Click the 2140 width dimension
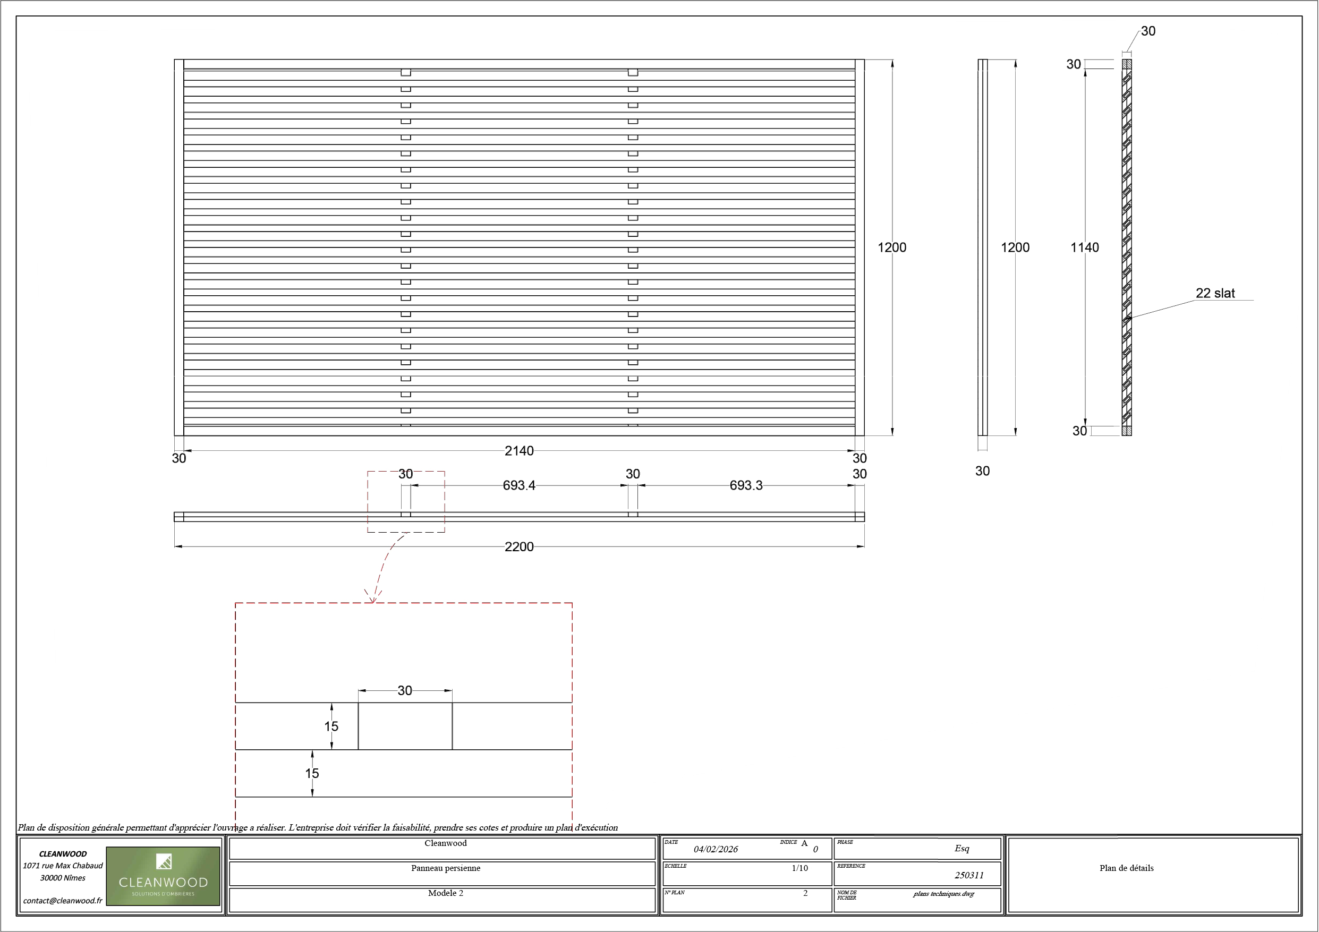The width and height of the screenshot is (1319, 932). coord(519,451)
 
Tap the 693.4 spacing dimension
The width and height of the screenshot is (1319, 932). coord(519,486)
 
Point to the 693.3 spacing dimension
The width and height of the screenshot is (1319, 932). coord(746,486)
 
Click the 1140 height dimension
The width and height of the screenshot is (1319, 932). coord(1084,248)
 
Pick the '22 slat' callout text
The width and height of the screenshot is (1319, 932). coord(1215,294)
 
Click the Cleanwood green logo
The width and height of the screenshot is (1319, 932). coord(163,876)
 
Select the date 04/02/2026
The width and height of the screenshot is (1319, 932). coord(716,849)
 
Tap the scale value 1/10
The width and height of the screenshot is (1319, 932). coord(799,868)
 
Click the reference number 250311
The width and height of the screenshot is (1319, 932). coord(969,876)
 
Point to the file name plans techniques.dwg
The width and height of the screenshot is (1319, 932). coord(944,894)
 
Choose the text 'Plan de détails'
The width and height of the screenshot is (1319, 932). coord(1127,868)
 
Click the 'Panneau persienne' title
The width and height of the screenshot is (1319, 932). coord(446,868)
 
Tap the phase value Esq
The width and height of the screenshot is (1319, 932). coord(961,849)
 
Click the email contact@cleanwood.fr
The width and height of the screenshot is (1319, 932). coord(63,901)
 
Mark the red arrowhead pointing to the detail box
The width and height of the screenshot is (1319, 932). coord(373,597)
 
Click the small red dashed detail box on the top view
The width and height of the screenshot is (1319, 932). coord(406,502)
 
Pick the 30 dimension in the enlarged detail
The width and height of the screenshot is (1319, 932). coord(405,691)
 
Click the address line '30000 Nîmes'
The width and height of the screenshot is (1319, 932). coord(63,878)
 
